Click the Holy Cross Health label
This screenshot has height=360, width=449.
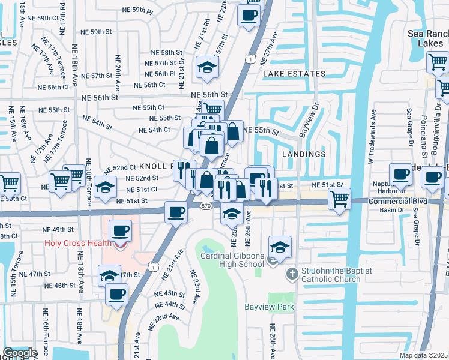pyautogui.click(x=78, y=243)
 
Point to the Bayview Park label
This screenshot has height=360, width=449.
pyautogui.click(x=269, y=307)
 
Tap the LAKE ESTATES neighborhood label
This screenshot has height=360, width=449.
pyautogui.click(x=294, y=74)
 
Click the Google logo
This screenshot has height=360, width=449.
pyautogui.click(x=20, y=353)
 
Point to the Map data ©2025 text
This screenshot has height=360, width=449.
pyautogui.click(x=423, y=355)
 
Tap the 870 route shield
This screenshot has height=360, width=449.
pyautogui.click(x=205, y=205)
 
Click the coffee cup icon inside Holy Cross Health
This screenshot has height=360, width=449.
pyautogui.click(x=120, y=230)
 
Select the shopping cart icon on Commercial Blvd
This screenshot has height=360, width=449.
pyautogui.click(x=340, y=198)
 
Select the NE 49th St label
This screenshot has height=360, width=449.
pyautogui.click(x=58, y=230)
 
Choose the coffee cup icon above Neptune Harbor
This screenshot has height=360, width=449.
pyautogui.click(x=401, y=174)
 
